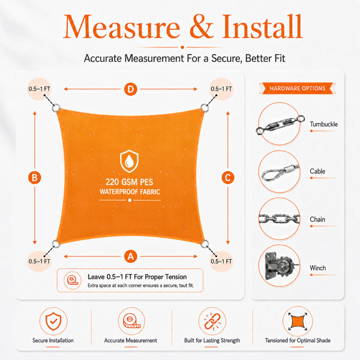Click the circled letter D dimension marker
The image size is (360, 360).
(130, 89)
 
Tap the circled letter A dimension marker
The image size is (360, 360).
(130, 256)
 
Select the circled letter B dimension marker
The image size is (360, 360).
(35, 178)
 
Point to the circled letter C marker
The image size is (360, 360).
(228, 178)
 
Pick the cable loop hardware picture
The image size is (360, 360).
(280, 172)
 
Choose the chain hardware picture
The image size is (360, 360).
(279, 219)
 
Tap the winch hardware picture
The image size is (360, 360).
(279, 266)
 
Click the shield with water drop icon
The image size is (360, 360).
(129, 161)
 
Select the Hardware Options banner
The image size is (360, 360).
(298, 88)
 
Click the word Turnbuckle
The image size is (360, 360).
(323, 124)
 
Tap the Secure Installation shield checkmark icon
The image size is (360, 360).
(53, 321)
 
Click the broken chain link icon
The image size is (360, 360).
(212, 322)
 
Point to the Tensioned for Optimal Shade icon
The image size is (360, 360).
(298, 321)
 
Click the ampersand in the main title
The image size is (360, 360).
(202, 26)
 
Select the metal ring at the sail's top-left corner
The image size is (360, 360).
(56, 108)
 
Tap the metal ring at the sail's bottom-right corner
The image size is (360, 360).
(205, 244)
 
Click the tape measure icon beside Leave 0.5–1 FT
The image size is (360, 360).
(73, 280)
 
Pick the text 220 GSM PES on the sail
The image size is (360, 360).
(129, 182)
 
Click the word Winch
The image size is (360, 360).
(318, 268)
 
